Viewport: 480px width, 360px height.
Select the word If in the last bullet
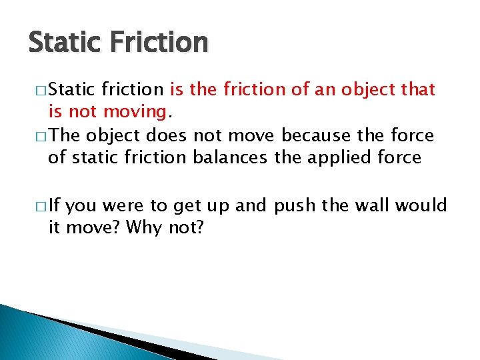(x=55, y=206)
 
